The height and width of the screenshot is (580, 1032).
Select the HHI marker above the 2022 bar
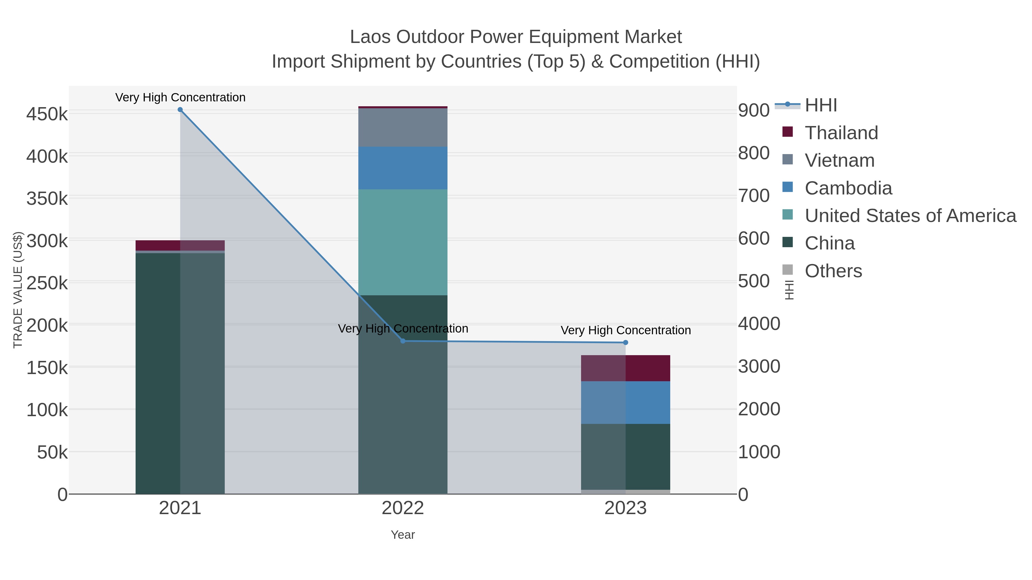403,341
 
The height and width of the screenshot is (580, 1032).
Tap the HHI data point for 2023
626,343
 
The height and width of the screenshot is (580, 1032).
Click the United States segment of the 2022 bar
403,242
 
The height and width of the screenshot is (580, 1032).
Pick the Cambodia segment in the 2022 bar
403,168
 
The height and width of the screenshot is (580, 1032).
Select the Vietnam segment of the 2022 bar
403,127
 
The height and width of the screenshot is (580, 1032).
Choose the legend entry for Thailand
841,133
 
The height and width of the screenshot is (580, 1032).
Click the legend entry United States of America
910,216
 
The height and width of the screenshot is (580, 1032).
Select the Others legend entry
833,271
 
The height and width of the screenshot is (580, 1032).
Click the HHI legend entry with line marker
820,105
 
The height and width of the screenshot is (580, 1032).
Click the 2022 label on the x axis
403,508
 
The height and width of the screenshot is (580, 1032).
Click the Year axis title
403,535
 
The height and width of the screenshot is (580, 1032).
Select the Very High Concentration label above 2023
626,330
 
